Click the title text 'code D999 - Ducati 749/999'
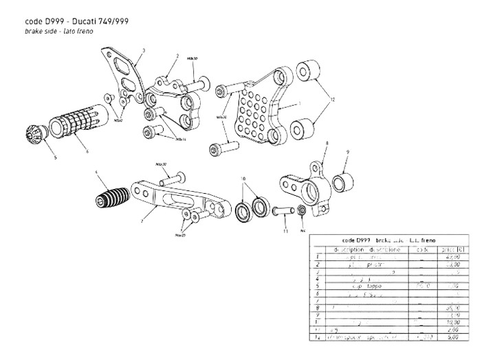[69, 22]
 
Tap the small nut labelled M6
[300, 209]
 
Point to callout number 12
[332, 99]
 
